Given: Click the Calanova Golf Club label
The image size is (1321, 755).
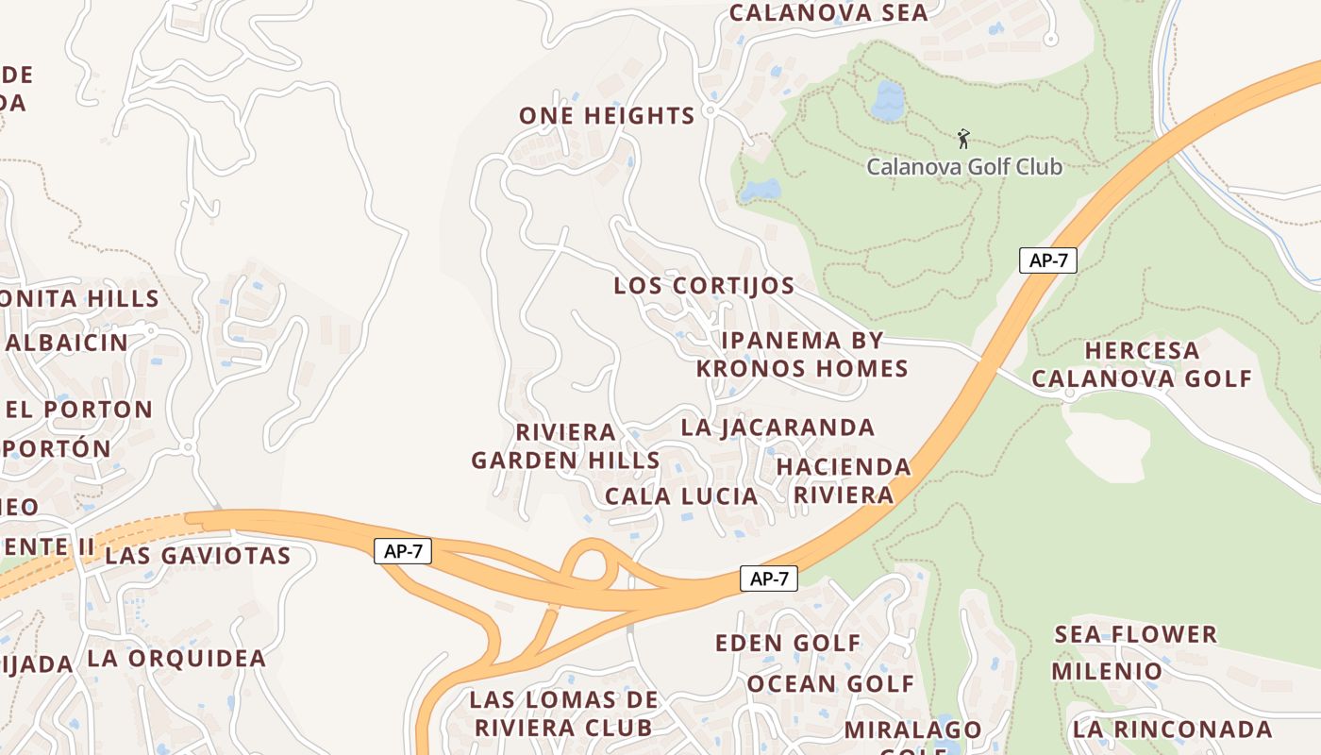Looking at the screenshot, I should (x=963, y=167).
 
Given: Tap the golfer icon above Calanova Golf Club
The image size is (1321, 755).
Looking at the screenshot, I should (x=962, y=140).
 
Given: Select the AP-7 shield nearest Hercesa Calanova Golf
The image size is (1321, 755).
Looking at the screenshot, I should (x=1047, y=260).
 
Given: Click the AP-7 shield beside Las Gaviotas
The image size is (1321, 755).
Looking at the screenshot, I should (x=403, y=552).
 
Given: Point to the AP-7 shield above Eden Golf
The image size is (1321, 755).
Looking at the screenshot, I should (x=768, y=579).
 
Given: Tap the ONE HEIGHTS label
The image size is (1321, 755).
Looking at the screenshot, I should (x=607, y=116).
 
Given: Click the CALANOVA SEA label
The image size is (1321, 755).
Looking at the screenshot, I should (x=828, y=13).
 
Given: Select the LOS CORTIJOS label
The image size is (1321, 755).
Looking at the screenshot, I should (x=704, y=285).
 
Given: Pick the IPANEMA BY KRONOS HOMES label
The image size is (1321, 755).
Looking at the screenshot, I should (x=802, y=354).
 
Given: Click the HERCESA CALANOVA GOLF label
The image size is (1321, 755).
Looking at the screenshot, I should (x=1141, y=364).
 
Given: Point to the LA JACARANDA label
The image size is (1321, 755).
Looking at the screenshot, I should (x=778, y=428).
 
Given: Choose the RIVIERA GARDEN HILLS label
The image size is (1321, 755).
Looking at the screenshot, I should (x=565, y=446).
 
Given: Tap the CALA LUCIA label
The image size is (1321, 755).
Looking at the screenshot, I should (x=681, y=495).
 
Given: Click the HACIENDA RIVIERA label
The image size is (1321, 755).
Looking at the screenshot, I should (x=844, y=480).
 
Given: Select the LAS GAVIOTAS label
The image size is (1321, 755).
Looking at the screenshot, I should (x=197, y=555).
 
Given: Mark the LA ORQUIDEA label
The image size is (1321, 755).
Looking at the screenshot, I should (x=176, y=658).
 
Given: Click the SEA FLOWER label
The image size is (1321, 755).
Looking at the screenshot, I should (x=1135, y=633).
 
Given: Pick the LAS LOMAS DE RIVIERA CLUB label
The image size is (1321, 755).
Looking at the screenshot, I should (x=563, y=713).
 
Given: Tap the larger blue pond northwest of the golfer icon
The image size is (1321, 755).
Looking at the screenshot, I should (x=887, y=100).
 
